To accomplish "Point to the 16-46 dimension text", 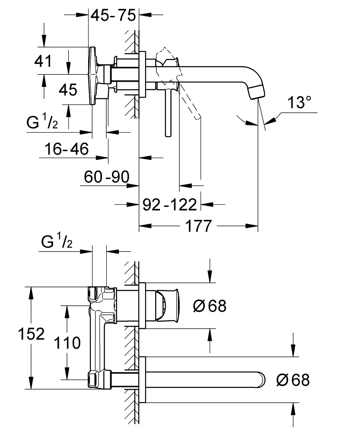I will click(67, 149).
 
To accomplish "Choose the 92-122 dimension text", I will click(169, 203).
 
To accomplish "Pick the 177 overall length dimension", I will click(199, 226).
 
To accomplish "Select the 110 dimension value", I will click(67, 343).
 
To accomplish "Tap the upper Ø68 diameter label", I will click(210, 306).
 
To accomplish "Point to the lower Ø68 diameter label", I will click(293, 380).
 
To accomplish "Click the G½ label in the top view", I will click(42, 123).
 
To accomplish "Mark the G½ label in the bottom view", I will click(57, 243).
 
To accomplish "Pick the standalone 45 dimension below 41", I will click(68, 90).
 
